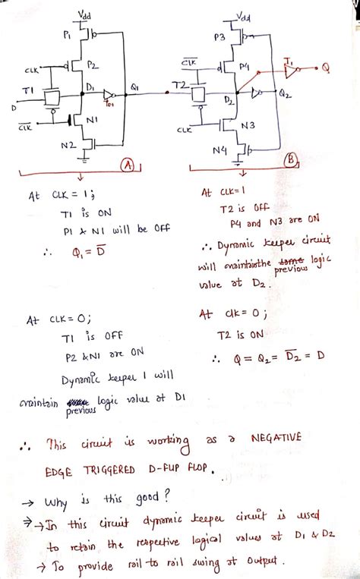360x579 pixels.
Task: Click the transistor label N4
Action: coord(219,150)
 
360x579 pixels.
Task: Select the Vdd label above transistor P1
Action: coord(85,14)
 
